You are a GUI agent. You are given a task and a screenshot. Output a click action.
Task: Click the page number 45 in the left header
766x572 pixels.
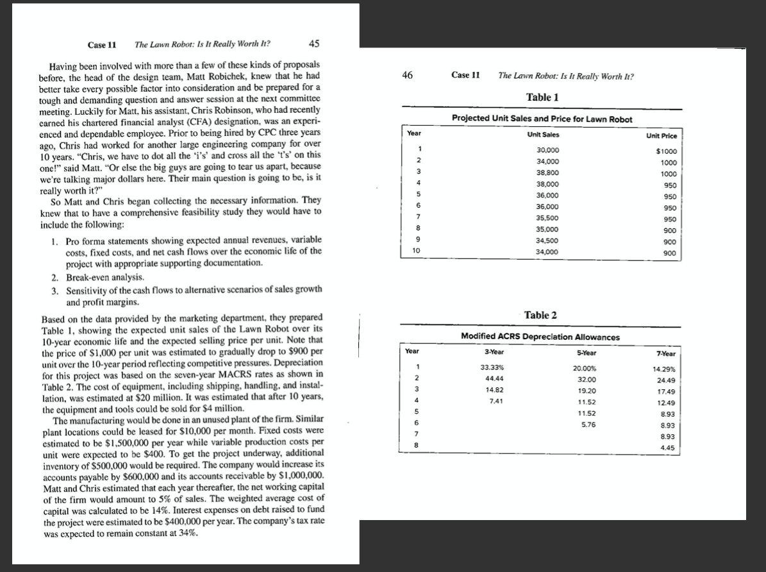tap(314, 44)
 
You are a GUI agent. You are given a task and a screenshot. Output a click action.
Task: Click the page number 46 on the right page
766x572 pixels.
tap(407, 75)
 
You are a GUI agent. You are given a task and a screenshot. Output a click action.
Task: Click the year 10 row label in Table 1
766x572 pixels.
tap(415, 252)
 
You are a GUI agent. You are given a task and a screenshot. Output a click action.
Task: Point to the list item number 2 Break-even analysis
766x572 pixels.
tap(90, 277)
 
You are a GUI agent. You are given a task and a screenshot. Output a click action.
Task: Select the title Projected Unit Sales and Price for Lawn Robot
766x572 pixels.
tap(542, 119)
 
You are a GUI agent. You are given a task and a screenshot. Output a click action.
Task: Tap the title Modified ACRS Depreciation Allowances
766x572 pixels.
tap(540, 336)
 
